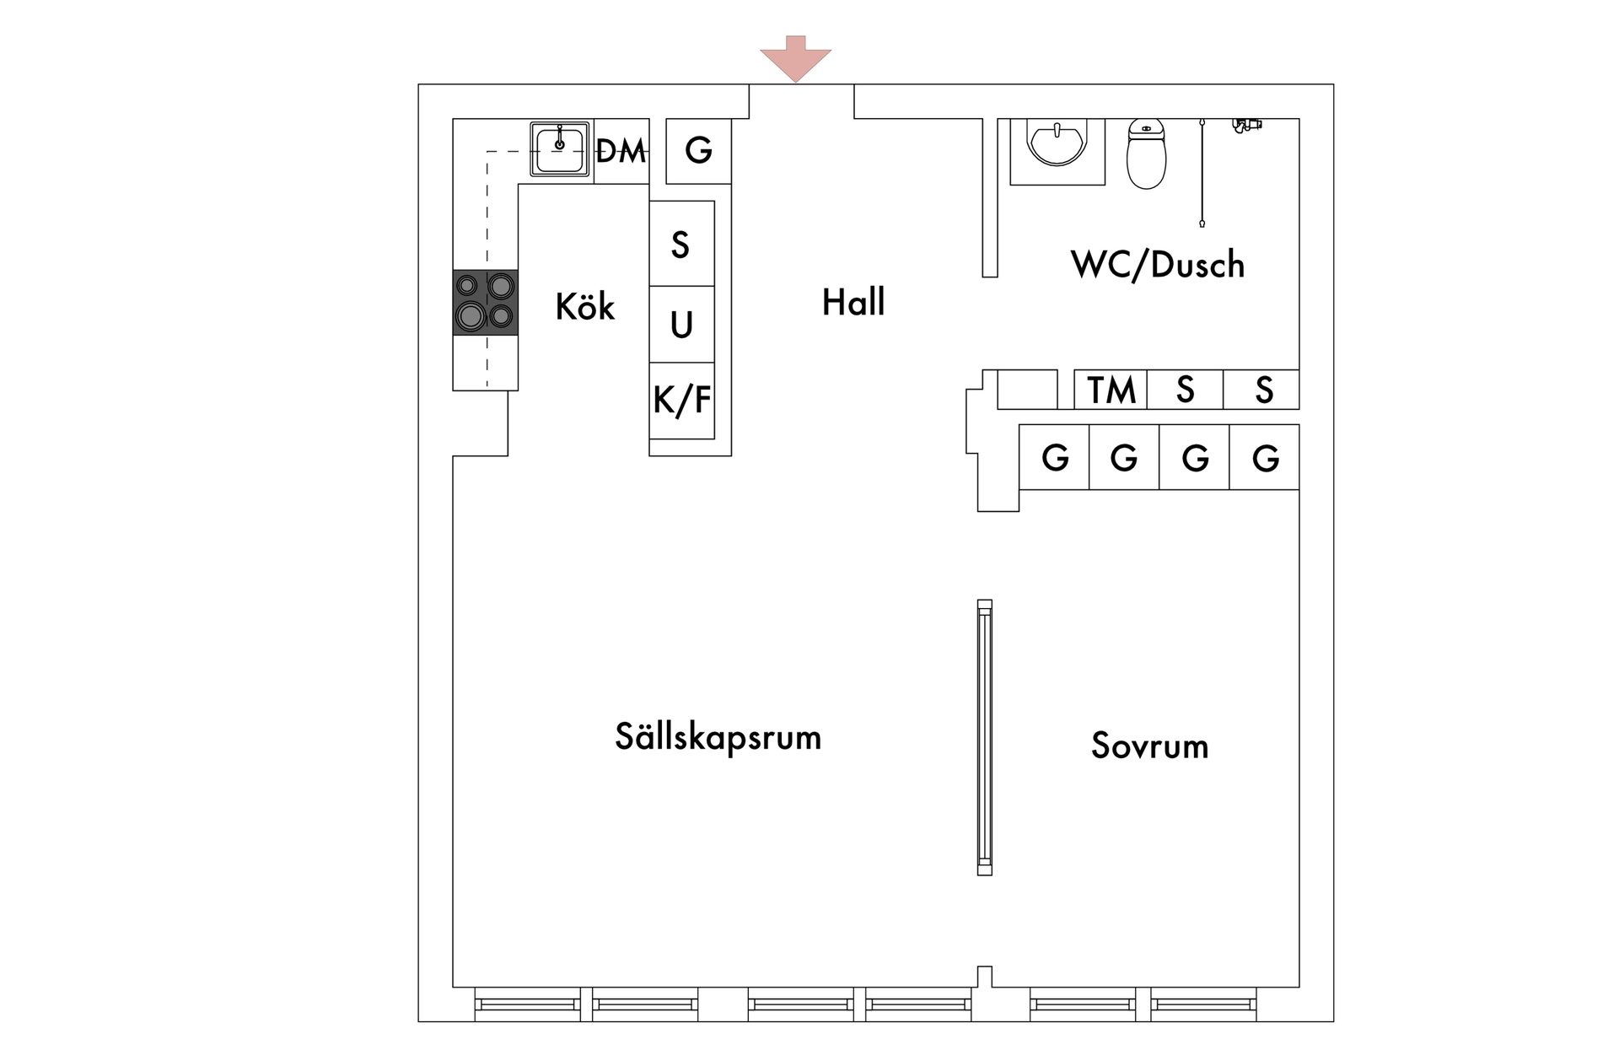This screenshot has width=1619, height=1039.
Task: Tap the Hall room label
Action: (853, 303)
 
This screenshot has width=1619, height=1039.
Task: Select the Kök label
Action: (584, 307)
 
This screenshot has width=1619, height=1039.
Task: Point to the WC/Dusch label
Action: (1157, 265)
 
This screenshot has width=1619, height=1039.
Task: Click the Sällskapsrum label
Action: (718, 737)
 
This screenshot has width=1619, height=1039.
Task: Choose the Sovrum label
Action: (1149, 746)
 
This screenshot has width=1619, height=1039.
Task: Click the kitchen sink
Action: (559, 149)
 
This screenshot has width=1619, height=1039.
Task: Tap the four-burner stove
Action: (485, 302)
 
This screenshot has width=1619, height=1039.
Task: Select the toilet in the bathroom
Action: (1146, 153)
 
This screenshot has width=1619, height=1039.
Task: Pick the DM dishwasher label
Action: (621, 152)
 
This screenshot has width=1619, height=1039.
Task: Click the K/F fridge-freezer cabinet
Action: (681, 401)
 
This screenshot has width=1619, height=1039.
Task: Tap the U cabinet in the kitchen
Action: (681, 325)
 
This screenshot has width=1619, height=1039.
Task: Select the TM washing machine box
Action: (1111, 390)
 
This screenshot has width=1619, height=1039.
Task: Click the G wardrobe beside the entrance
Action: (698, 151)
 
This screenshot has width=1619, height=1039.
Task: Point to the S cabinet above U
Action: (680, 245)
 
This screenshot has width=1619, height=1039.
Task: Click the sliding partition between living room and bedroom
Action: (984, 737)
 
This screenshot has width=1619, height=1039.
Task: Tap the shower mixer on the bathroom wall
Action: (1246, 126)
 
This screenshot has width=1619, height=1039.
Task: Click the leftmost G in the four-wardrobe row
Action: (1054, 458)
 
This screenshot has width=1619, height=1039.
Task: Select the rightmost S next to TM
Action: (1262, 390)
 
